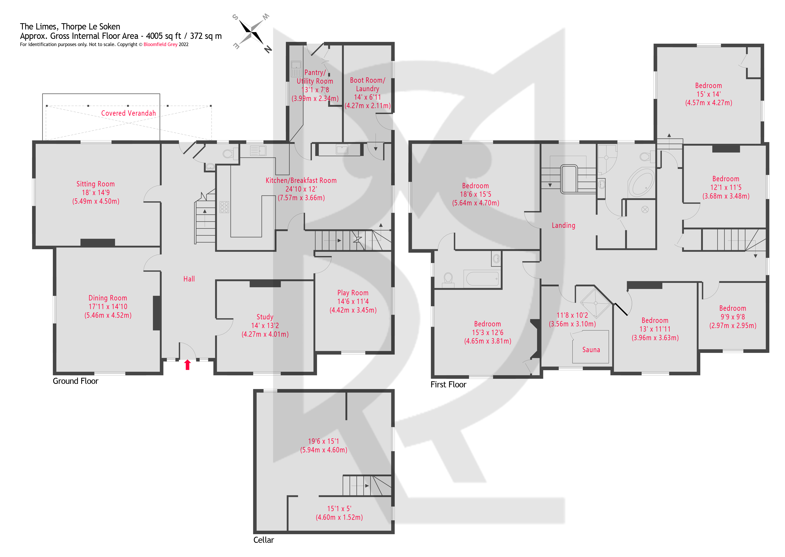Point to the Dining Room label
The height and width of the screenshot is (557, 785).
pos(108,298)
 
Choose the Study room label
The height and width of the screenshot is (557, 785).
pos(265,317)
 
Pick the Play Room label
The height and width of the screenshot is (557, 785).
pos(353,293)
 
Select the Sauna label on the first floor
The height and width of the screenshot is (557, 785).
pos(591,350)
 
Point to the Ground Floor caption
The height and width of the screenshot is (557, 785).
pos(75,381)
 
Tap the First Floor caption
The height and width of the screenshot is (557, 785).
pos(448,384)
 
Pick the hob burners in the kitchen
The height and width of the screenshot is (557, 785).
pos(224,207)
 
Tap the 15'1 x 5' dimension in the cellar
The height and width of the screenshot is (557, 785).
pos(339,509)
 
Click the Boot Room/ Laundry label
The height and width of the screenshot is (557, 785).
pos(367,84)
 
